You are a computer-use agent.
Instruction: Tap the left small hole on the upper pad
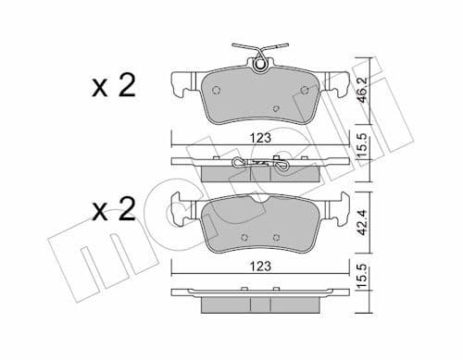tap(215, 91)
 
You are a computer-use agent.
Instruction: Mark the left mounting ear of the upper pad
tap(181, 84)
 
